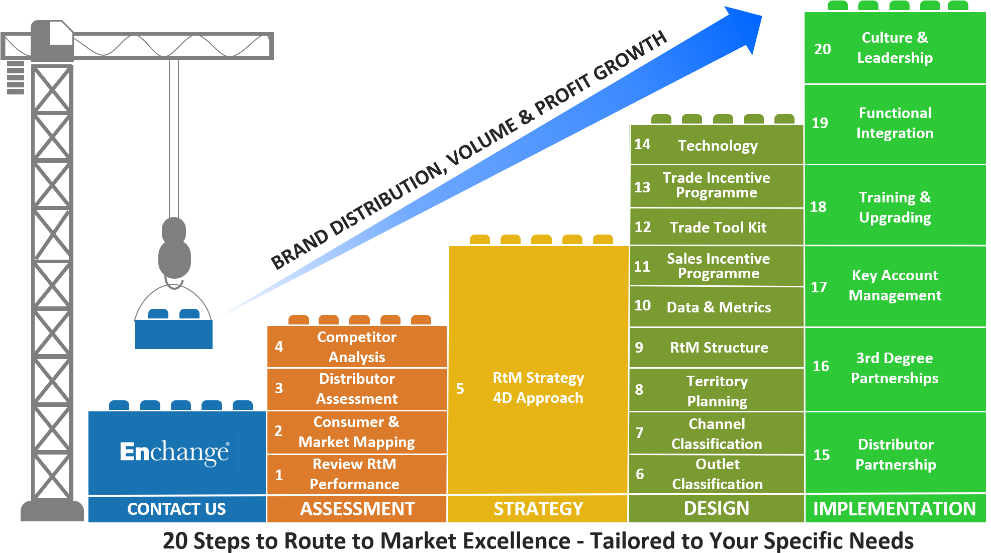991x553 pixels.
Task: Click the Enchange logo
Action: point(174,452)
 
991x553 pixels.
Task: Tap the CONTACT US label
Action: point(176,509)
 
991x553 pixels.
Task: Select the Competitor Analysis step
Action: point(357,347)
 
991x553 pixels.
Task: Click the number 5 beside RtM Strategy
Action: point(460,388)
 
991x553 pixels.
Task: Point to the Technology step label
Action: point(718,146)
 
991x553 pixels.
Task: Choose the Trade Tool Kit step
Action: point(718,228)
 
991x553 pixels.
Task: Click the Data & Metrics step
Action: point(719,307)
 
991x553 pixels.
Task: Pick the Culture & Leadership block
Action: point(895,48)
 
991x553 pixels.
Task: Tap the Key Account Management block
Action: point(895,285)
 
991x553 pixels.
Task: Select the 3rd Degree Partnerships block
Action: point(895,368)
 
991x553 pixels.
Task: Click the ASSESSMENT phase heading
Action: point(357,509)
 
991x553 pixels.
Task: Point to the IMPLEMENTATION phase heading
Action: point(895,509)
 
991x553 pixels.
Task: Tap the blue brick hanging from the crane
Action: point(174,333)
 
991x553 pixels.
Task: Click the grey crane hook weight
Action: point(174,251)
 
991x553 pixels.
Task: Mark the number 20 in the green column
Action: point(823,49)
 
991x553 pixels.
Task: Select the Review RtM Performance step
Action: point(354,474)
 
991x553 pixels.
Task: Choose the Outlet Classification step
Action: point(717,474)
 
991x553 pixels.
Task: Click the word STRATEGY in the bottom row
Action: point(538,509)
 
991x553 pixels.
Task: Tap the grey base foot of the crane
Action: point(52,511)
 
